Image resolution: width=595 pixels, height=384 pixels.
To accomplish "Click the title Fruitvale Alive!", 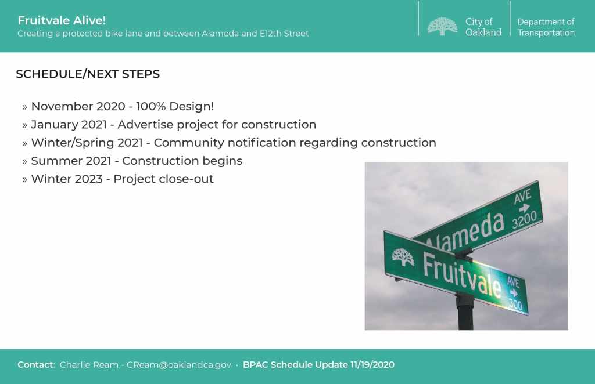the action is tap(62, 20).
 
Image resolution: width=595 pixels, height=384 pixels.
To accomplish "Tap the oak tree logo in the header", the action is tap(442, 27).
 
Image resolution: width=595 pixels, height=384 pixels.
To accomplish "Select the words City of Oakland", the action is tap(483, 27).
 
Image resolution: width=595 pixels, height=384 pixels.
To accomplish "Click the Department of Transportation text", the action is tap(546, 27).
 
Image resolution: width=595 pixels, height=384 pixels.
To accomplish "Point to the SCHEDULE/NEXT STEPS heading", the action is tap(88, 74).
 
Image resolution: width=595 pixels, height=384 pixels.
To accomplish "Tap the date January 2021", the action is tap(69, 125).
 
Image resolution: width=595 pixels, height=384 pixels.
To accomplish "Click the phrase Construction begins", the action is tap(182, 161).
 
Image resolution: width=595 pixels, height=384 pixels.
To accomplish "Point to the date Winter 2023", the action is tap(67, 179).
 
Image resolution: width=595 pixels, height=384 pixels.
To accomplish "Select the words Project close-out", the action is tap(163, 179).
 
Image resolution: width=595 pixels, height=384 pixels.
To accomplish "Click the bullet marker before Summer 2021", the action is tap(24, 162).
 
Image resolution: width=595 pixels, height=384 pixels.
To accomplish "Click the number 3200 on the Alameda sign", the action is tap(525, 220).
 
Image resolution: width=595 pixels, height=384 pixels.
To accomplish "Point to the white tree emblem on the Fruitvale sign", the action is tap(403, 258).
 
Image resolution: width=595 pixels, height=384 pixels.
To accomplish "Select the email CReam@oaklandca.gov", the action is tap(179, 365).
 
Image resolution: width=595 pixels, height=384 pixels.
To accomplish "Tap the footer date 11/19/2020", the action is tap(372, 365).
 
